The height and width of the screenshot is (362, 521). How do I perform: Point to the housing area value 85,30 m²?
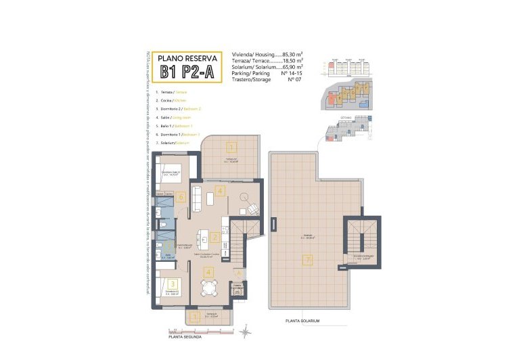291,53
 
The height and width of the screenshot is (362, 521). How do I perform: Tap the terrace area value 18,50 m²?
291,60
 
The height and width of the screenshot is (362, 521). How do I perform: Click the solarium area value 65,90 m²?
291,67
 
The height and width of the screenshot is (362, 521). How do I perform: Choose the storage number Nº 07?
294,80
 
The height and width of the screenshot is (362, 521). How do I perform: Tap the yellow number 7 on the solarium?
307,260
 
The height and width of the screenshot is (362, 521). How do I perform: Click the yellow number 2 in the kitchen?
214,237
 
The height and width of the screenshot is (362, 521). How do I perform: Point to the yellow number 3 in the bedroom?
173,284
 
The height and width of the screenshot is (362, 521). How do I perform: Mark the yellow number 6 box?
181,198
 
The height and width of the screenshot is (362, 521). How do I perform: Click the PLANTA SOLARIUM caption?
302,320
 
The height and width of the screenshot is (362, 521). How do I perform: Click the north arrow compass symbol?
245,330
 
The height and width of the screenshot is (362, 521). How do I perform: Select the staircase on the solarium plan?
358,237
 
